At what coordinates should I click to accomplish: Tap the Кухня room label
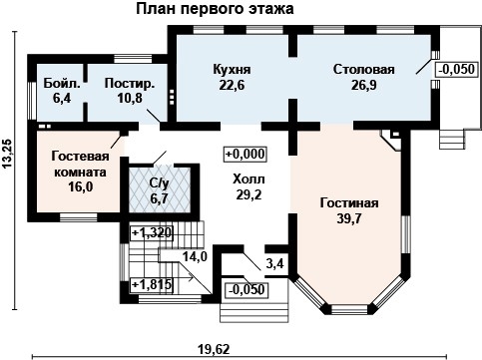[232, 70]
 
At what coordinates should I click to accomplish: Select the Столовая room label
[363, 70]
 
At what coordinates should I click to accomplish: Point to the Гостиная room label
[349, 202]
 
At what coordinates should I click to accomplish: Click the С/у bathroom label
[158, 185]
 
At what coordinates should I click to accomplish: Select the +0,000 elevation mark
[244, 155]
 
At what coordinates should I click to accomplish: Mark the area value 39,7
[349, 219]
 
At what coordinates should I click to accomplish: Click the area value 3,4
[273, 264]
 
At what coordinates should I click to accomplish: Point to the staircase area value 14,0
[195, 256]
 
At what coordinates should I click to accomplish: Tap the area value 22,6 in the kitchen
[232, 85]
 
